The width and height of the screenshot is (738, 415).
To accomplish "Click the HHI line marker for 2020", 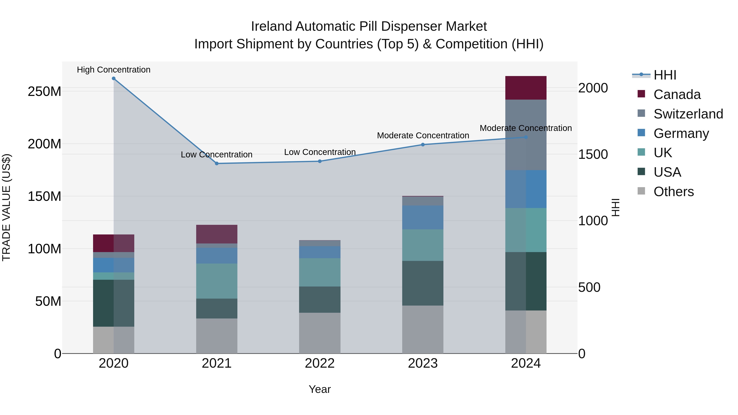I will coord(114,78).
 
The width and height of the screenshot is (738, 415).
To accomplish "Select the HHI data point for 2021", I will coord(217,164).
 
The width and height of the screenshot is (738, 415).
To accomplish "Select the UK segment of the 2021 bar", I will coord(217,281).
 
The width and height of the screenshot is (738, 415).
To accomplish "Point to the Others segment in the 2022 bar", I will coord(320,333).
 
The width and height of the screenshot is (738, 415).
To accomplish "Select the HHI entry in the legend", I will coord(665,75).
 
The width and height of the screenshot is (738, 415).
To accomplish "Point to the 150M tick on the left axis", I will coord(44,197).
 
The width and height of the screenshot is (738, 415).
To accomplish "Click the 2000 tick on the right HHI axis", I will coord(593,88).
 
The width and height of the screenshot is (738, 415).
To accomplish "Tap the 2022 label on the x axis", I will coord(320,363).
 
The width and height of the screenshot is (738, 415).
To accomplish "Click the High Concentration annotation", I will coord(114,70).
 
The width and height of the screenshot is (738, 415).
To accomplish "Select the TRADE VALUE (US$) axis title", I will coord(6,207).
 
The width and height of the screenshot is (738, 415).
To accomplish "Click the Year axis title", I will coord(320,389).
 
